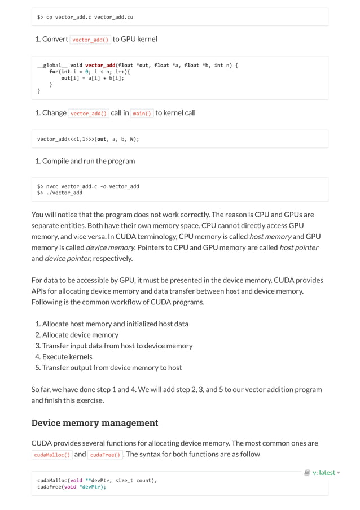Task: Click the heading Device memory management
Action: [x=94, y=423]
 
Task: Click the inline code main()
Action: [x=142, y=113]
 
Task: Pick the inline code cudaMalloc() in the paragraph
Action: [x=52, y=455]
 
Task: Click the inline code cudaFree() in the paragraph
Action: [x=104, y=455]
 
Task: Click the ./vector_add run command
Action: [x=64, y=193]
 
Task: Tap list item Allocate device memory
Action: [x=80, y=335]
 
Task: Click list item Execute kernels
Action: [x=67, y=356]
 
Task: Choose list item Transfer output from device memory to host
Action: [x=112, y=368]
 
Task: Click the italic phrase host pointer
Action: [x=298, y=247]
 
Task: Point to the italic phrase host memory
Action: [x=270, y=237]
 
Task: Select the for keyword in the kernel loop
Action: [x=54, y=72]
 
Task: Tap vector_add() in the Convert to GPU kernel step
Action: [x=90, y=40]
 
